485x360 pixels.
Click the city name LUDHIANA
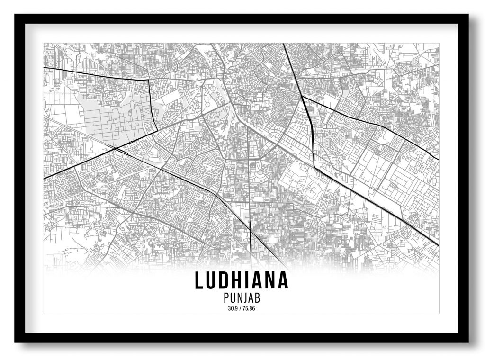coord(242,280)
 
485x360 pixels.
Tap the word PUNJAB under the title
coord(242,298)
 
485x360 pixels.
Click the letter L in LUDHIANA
coord(200,280)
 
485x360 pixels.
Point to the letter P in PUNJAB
coord(224,298)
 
